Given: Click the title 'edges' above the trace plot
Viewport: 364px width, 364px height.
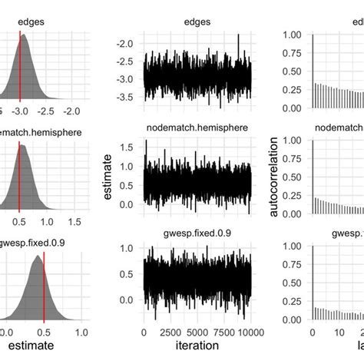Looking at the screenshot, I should [x=197, y=22].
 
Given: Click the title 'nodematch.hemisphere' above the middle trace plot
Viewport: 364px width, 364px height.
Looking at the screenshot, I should [x=197, y=127].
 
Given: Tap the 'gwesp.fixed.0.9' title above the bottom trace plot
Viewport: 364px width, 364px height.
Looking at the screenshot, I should [x=197, y=230].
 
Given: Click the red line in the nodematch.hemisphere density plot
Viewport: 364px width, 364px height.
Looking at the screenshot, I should [x=19, y=173].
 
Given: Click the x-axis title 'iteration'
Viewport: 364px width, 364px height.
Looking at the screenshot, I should [x=197, y=346].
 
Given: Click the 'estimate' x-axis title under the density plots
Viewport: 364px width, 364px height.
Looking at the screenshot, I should [x=30, y=346].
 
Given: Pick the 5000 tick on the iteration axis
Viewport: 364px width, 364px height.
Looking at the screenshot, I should [x=197, y=332].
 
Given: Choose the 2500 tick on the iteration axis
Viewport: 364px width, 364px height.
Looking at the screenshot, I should [x=170, y=332].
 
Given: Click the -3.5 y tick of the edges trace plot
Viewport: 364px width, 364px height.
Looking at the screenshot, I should [x=124, y=98].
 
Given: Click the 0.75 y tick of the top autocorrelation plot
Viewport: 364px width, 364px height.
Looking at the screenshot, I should [x=293, y=53].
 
